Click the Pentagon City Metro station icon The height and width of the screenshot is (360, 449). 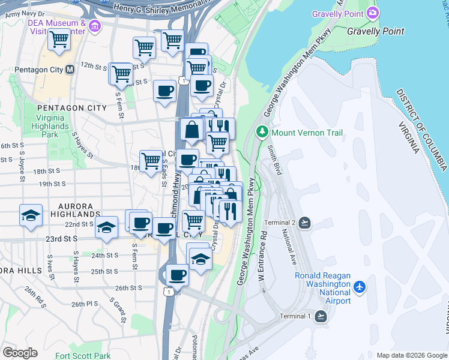point(70,70)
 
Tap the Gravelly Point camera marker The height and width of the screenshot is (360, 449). point(373,13)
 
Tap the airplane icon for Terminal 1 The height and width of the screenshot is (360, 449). point(321,316)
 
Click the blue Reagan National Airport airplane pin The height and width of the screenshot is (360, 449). point(360,287)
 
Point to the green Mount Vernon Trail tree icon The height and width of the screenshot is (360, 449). point(262,132)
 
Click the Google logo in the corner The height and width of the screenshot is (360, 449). point(20,352)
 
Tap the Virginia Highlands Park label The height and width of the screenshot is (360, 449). point(52,126)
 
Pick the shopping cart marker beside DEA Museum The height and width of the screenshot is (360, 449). point(59,40)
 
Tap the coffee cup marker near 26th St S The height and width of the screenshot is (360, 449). point(176,275)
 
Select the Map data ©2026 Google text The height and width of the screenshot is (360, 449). point(411,355)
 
